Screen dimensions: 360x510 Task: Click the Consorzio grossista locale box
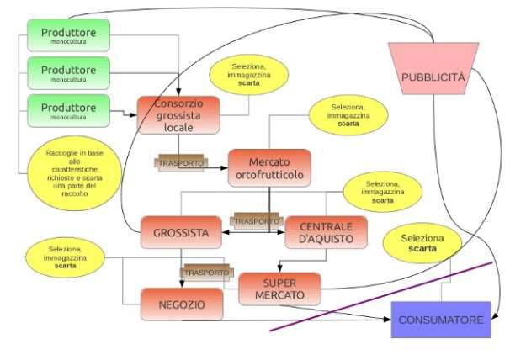pyautogui.click(x=178, y=115)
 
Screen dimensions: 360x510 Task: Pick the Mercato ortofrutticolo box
pyautogui.click(x=269, y=167)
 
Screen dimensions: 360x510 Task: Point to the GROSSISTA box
pyautogui.click(x=180, y=233)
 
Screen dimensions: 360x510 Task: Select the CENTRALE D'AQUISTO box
pyautogui.click(x=327, y=233)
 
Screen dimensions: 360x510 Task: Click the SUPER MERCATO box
pyautogui.click(x=279, y=289)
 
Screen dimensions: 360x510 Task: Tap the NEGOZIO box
pyautogui.click(x=182, y=304)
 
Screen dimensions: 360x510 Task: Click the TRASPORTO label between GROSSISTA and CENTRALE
pyautogui.click(x=256, y=220)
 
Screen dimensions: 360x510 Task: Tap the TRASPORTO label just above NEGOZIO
pyautogui.click(x=207, y=273)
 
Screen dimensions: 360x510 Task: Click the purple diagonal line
pyautogui.click(x=379, y=298)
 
